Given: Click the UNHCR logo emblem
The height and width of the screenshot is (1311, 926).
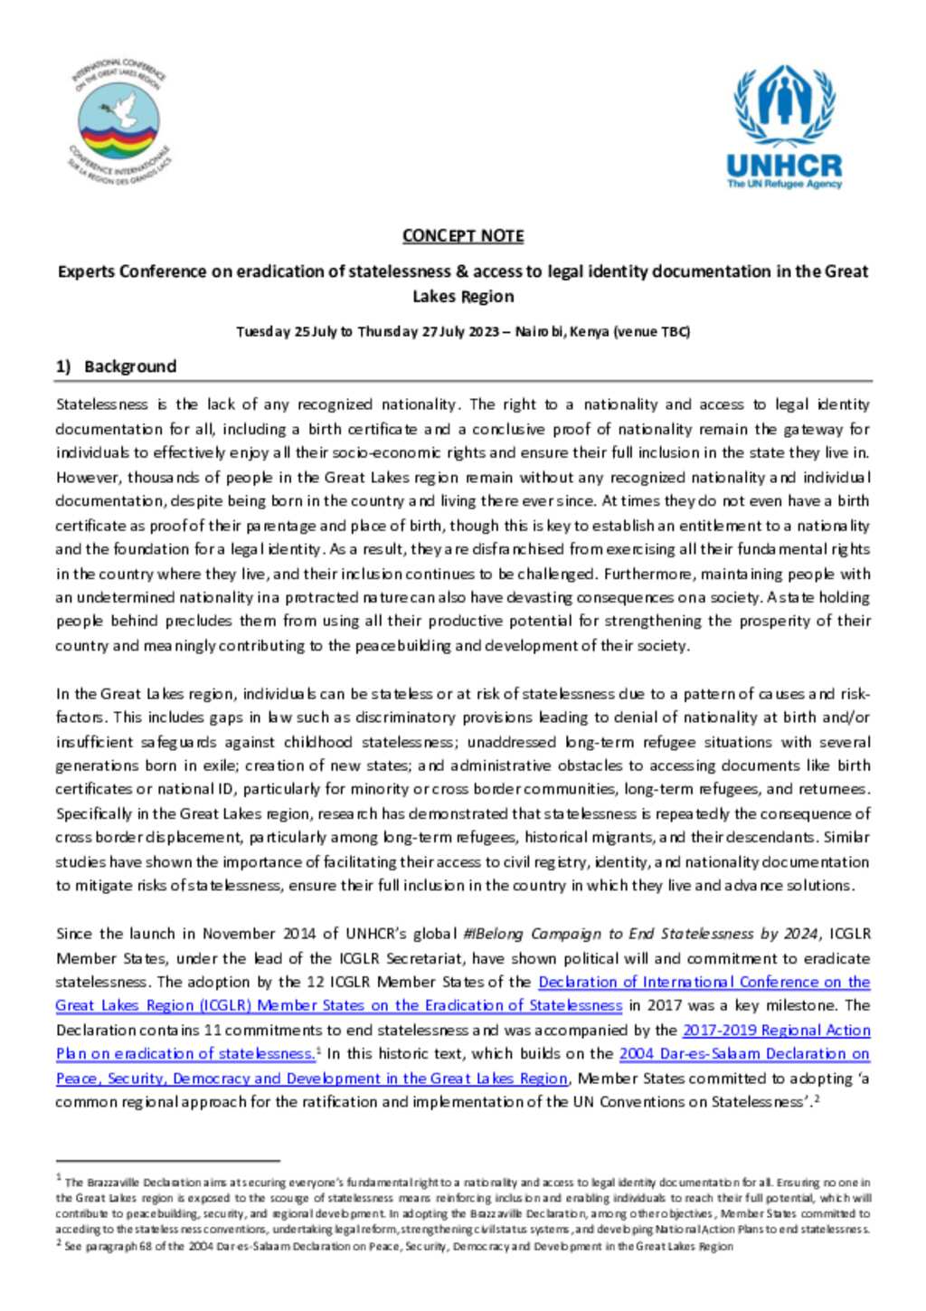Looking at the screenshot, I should pyautogui.click(x=783, y=106).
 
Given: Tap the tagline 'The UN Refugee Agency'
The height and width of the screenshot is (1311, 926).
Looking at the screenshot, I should pyautogui.click(x=784, y=184).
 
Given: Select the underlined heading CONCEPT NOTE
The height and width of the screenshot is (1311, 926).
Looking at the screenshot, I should pyautogui.click(x=463, y=236).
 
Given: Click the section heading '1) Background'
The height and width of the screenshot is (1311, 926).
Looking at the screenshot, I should pyautogui.click(x=116, y=366).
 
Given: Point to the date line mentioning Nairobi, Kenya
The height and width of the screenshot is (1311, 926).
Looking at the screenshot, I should pyautogui.click(x=463, y=331).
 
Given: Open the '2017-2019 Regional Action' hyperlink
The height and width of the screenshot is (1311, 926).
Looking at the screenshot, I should pyautogui.click(x=776, y=1030).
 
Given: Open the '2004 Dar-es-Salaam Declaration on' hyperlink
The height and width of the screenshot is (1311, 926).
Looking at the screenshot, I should pyautogui.click(x=743, y=1053).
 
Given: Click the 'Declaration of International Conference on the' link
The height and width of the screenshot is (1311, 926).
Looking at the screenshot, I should pyautogui.click(x=704, y=982).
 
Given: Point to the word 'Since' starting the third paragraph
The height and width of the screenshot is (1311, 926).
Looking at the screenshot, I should pyautogui.click(x=74, y=934).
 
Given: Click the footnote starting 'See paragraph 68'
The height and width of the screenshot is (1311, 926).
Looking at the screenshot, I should pyautogui.click(x=398, y=1246).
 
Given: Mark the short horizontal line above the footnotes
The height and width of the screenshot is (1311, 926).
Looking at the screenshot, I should pyautogui.click(x=167, y=1159).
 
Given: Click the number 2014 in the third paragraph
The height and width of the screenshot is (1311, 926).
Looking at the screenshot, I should pyautogui.click(x=298, y=934).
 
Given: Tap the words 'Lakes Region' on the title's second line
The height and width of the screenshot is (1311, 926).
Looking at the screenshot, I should pyautogui.click(x=463, y=297).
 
